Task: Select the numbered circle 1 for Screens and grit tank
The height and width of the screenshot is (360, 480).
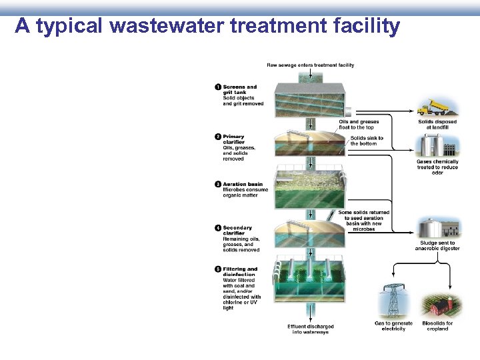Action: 218,87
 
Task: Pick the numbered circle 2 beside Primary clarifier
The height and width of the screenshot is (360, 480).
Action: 218,137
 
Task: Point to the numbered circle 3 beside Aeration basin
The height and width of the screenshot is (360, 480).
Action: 218,184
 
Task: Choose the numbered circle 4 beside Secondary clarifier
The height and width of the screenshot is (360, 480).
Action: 218,228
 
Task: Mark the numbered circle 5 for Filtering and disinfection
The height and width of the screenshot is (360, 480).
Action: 218,269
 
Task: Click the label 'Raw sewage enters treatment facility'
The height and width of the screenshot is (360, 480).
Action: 310,65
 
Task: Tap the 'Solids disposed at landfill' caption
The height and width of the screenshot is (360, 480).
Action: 437,124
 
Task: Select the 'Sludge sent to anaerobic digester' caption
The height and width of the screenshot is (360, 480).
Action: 437,246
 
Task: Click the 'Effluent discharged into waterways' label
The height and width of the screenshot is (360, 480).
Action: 310,329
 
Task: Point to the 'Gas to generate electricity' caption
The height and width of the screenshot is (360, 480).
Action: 393,326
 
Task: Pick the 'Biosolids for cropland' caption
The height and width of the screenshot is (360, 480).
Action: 437,326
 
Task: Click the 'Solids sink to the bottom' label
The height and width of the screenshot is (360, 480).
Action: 367,141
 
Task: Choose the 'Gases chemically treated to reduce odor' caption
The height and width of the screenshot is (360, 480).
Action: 437,167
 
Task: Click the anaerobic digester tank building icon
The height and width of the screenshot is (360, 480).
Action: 438,228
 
